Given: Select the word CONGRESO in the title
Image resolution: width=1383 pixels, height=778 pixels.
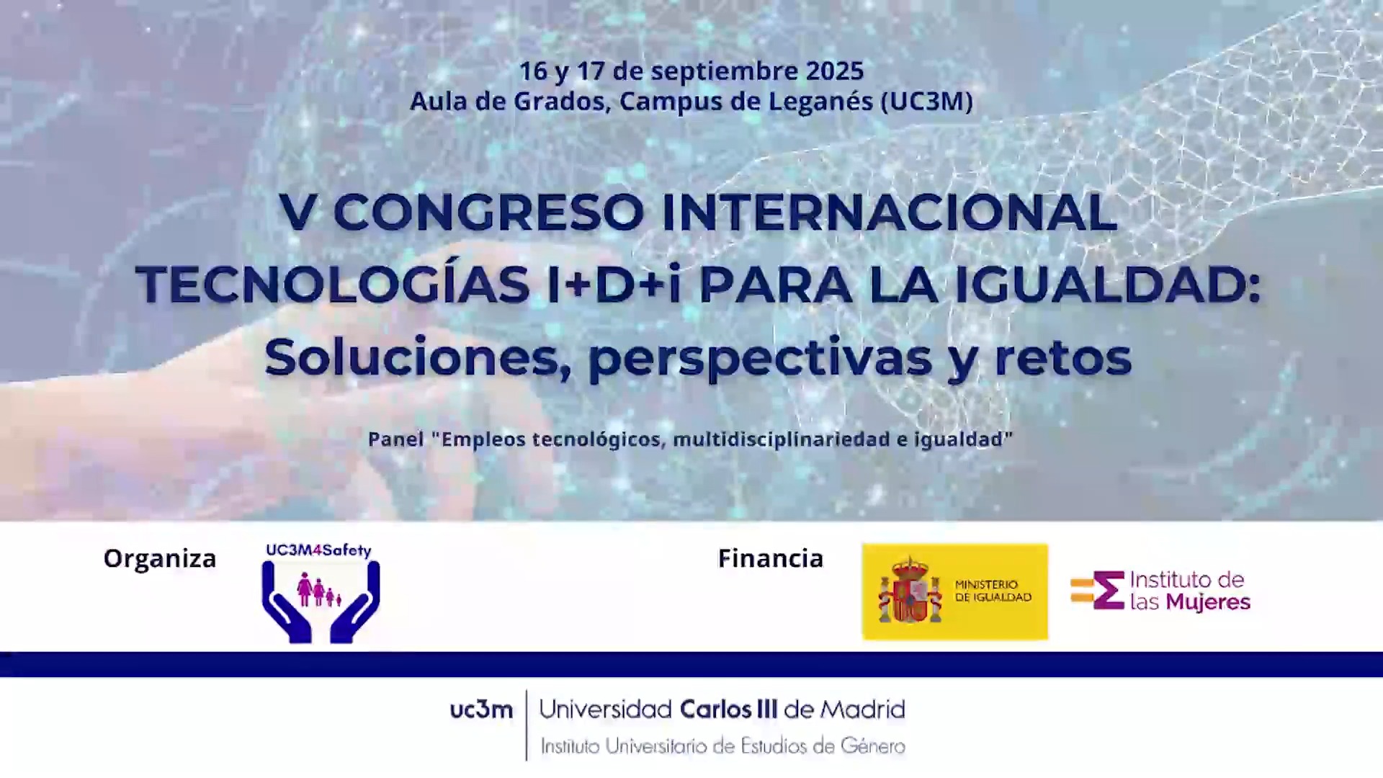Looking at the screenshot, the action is coord(489,213).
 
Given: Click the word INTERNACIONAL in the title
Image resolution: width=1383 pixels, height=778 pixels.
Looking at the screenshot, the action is coord(889,213).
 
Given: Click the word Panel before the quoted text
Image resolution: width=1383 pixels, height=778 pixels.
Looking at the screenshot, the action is coord(396,439).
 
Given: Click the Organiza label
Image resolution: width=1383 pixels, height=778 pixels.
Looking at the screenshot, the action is coord(160,558).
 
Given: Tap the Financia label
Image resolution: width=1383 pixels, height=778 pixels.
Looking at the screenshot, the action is coord(771,558).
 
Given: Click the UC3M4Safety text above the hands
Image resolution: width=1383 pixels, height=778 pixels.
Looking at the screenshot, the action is coord(318,550).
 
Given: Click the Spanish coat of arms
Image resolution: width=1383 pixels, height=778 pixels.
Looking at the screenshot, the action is coord(910,590).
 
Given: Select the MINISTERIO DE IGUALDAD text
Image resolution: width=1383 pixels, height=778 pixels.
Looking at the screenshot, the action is coord(993,591).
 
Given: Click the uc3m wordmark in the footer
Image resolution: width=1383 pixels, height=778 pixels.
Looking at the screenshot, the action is coord(481,710).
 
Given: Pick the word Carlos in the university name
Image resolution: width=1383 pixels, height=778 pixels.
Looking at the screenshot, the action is coord(716,710).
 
